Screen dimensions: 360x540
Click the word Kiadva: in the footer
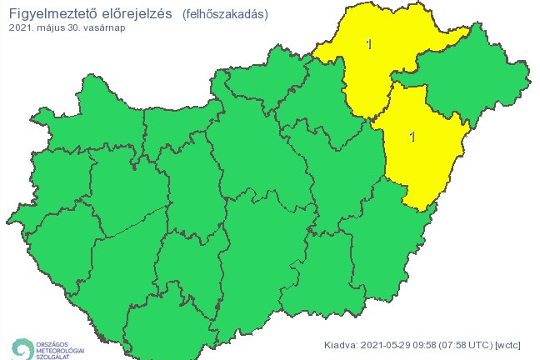(x=342, y=344)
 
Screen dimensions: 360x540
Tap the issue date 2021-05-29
(x=387, y=344)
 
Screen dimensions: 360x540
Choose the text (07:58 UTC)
(x=470, y=344)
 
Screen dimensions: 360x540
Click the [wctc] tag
(x=512, y=344)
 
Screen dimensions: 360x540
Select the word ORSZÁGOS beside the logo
(x=53, y=340)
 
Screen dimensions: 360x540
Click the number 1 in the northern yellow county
(x=369, y=44)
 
